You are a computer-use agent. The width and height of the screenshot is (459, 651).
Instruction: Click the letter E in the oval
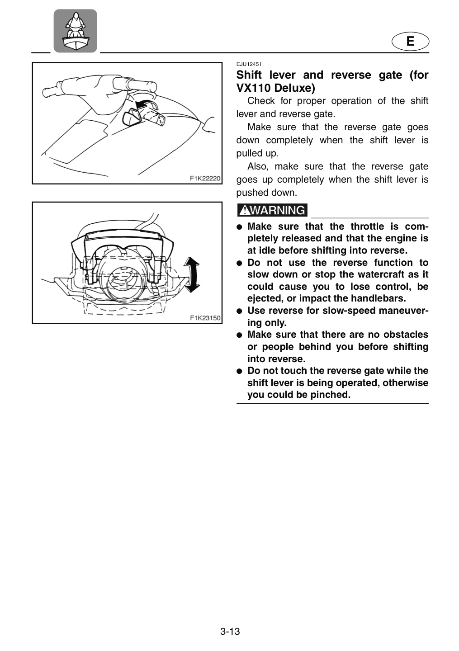pos(410,41)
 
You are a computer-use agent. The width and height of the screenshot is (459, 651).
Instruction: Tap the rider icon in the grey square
pos(75,31)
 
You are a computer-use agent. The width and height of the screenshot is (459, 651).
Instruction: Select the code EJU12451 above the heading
pos(249,64)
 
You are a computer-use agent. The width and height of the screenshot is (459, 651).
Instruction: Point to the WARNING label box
pos(272,210)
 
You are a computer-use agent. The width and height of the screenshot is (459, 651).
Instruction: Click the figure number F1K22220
pos(205,178)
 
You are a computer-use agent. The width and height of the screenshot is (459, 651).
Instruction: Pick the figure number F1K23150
pos(205,318)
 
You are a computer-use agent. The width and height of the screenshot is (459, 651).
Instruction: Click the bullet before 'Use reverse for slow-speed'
pos(239,311)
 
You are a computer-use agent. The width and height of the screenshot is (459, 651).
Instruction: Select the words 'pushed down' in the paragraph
pos(266,193)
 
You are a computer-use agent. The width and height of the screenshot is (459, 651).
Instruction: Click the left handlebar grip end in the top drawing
pos(47,92)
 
